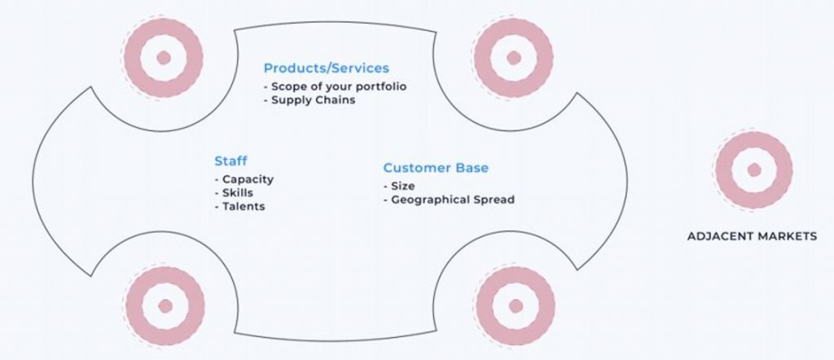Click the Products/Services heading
[326, 68]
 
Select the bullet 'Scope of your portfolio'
[335, 86]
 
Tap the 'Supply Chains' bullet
[309, 99]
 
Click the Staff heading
[230, 160]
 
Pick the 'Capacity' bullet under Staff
[244, 179]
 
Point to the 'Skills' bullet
[234, 192]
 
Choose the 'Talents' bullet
[240, 206]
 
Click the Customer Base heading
[436, 168]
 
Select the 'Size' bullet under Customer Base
[399, 187]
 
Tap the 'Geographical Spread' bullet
[449, 200]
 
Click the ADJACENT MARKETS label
[752, 236]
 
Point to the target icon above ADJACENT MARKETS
[753, 169]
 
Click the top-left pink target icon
[163, 58]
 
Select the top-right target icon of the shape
[513, 58]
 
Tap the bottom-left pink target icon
[165, 305]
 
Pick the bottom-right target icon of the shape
[516, 305]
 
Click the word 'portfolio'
[381, 86]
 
